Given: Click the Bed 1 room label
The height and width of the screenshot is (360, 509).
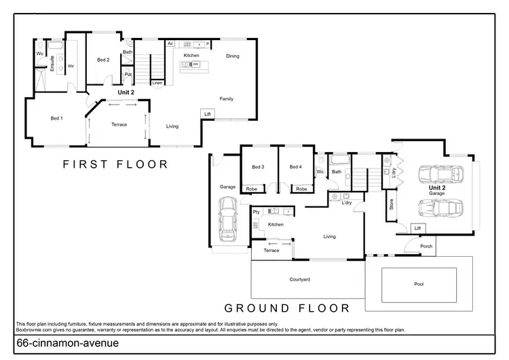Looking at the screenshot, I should click(x=56, y=118).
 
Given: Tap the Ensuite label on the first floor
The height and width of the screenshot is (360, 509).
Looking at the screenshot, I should click(x=52, y=62).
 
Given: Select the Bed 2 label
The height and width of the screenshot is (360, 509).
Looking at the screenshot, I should click(x=102, y=60).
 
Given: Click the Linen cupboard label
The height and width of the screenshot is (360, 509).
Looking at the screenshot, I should click(x=157, y=83).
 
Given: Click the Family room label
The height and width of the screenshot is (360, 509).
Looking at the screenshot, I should click(x=227, y=98).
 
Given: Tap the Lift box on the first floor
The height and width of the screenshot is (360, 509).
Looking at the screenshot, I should click(x=208, y=114).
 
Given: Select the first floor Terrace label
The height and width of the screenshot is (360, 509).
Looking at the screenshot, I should click(x=119, y=124).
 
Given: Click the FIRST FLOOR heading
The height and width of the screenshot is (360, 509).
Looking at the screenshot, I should click(x=115, y=164).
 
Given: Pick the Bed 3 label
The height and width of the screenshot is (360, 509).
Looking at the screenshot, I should click(x=258, y=167).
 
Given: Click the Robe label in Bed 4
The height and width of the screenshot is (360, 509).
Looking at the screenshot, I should click(x=302, y=188).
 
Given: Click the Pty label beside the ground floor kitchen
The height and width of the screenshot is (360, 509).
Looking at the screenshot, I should click(x=257, y=213).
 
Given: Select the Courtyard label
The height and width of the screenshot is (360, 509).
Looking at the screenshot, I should click(x=299, y=279).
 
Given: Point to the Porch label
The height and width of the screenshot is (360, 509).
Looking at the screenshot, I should click(x=426, y=247).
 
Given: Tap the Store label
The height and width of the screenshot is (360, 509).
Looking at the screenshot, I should click(x=392, y=203).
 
